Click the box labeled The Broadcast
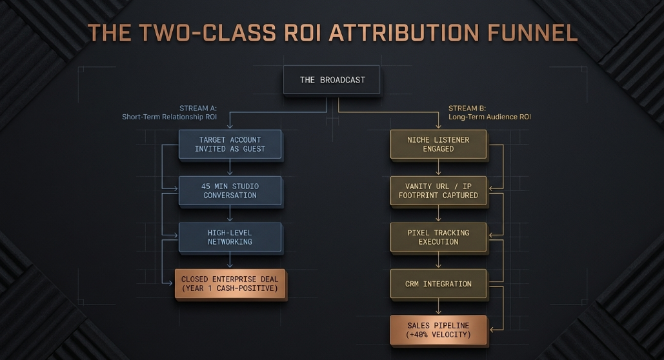point(332,79)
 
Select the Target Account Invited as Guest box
point(230,145)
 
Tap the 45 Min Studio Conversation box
point(230,190)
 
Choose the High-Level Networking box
point(230,237)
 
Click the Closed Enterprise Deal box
point(230,284)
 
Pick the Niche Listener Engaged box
point(438,145)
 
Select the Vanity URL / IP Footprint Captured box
point(438,190)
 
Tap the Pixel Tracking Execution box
point(438,237)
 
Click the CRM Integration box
point(438,284)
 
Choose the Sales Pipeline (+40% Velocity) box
point(438,330)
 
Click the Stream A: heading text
point(197,108)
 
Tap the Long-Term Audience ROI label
point(490,117)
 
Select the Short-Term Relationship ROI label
point(169,117)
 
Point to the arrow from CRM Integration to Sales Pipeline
point(438,306)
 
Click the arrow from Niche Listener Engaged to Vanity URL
point(438,167)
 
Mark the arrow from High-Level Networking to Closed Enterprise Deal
point(230,260)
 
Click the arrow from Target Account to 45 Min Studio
point(230,167)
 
